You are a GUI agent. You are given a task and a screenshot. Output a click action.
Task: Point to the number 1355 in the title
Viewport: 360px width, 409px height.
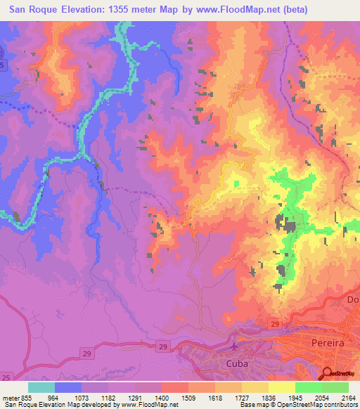123,10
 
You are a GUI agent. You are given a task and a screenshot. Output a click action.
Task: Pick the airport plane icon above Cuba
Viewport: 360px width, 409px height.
234,346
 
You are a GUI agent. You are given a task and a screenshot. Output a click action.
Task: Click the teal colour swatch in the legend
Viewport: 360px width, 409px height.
41,387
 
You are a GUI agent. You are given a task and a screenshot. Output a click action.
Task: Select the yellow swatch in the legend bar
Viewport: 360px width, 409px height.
282,387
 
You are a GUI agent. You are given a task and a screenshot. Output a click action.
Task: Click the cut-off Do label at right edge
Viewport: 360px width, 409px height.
353,301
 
